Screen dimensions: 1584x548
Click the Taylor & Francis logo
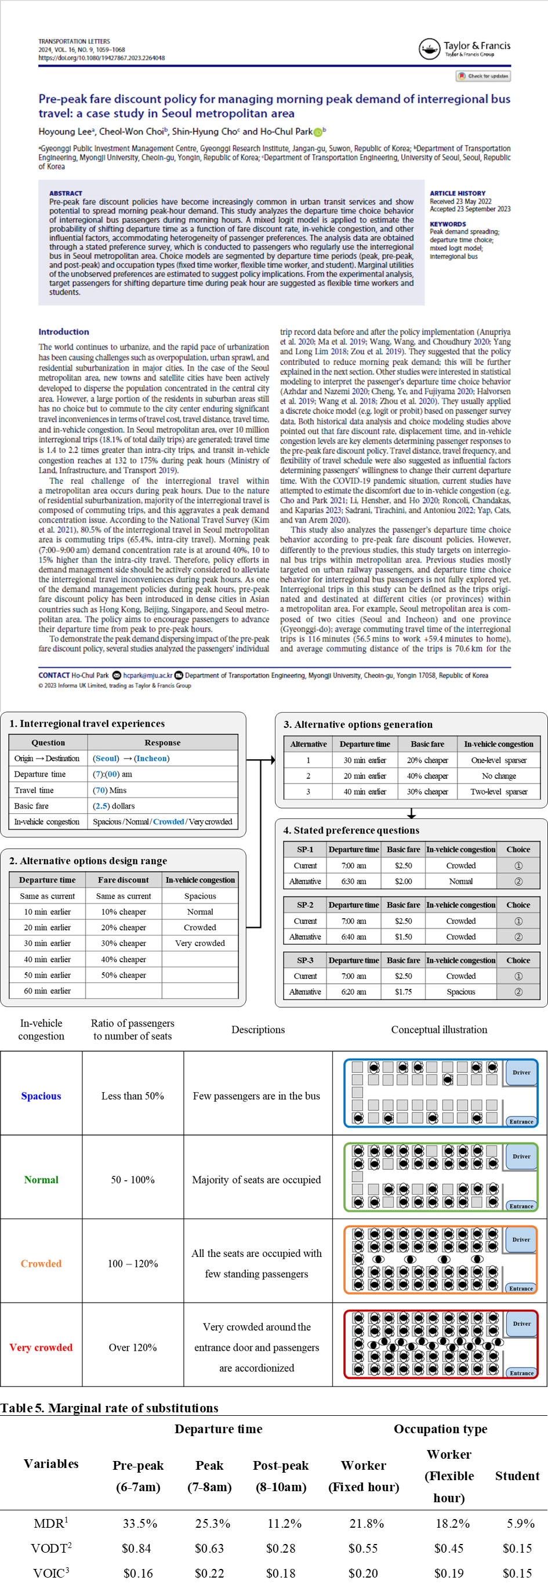click(464, 49)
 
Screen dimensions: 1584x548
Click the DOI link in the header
click(101, 58)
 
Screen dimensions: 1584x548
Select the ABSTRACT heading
click(66, 193)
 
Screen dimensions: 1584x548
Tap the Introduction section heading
click(63, 331)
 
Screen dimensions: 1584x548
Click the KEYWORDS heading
click(448, 224)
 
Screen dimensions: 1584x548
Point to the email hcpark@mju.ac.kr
click(148, 675)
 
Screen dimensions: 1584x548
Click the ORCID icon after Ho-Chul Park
click(318, 132)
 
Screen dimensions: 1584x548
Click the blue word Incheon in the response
click(151, 758)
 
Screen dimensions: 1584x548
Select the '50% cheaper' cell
click(124, 974)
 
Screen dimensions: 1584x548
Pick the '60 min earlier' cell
click(48, 991)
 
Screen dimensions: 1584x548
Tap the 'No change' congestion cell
click(499, 776)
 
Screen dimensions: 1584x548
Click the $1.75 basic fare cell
click(404, 992)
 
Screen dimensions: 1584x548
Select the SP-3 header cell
click(305, 960)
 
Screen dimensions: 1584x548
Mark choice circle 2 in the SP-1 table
click(518, 881)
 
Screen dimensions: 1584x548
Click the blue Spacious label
click(41, 1096)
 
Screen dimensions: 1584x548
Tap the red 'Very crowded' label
click(41, 1347)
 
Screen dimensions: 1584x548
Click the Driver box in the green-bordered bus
click(521, 1156)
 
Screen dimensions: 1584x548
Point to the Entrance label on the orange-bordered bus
click(521, 1288)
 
